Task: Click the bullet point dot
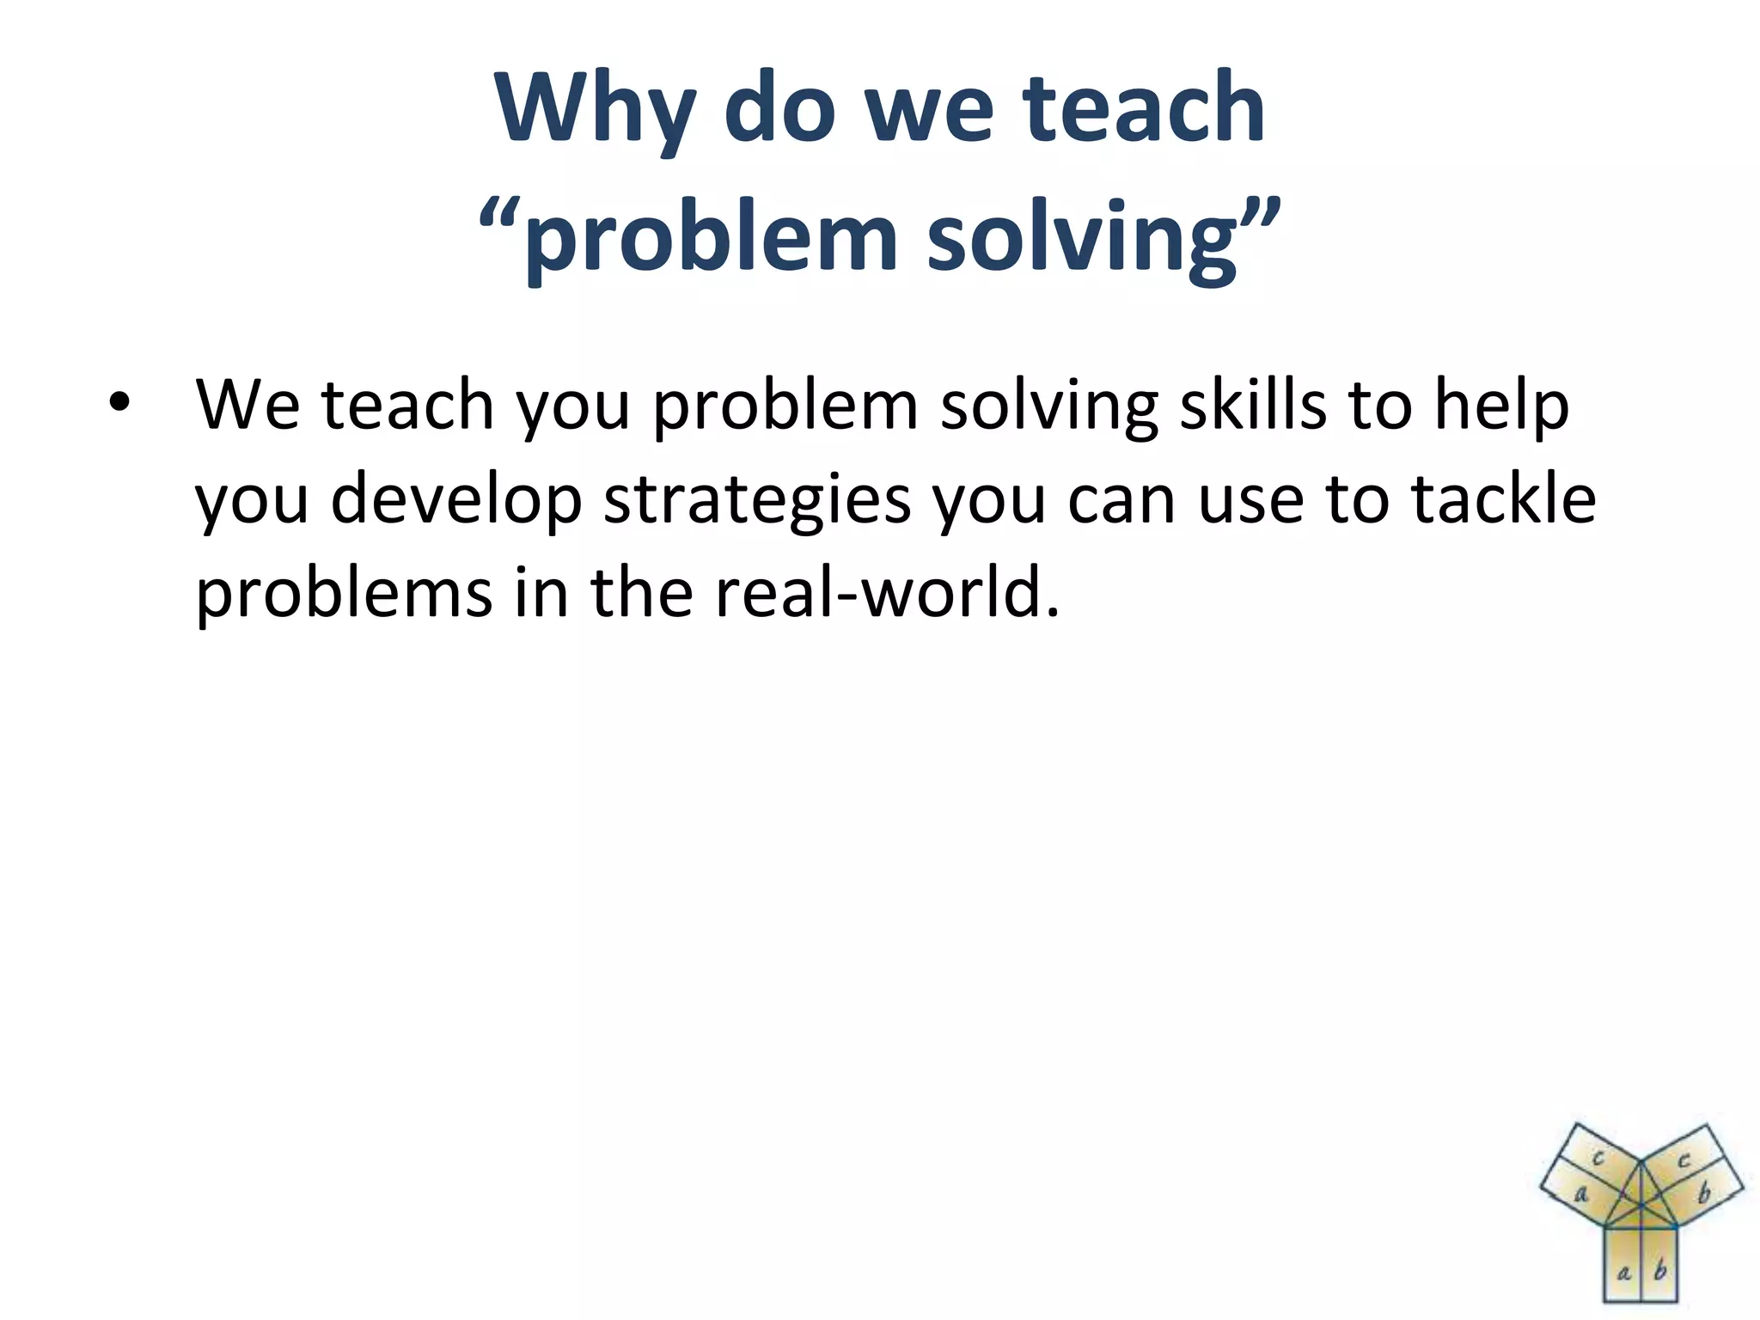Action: [x=119, y=402]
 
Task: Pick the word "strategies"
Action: [x=757, y=500]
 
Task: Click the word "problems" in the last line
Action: [x=344, y=593]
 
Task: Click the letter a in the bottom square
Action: [x=1623, y=1271]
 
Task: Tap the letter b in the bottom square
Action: [x=1660, y=1269]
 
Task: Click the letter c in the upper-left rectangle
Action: [x=1598, y=1158]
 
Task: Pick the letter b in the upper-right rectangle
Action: [x=1704, y=1194]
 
